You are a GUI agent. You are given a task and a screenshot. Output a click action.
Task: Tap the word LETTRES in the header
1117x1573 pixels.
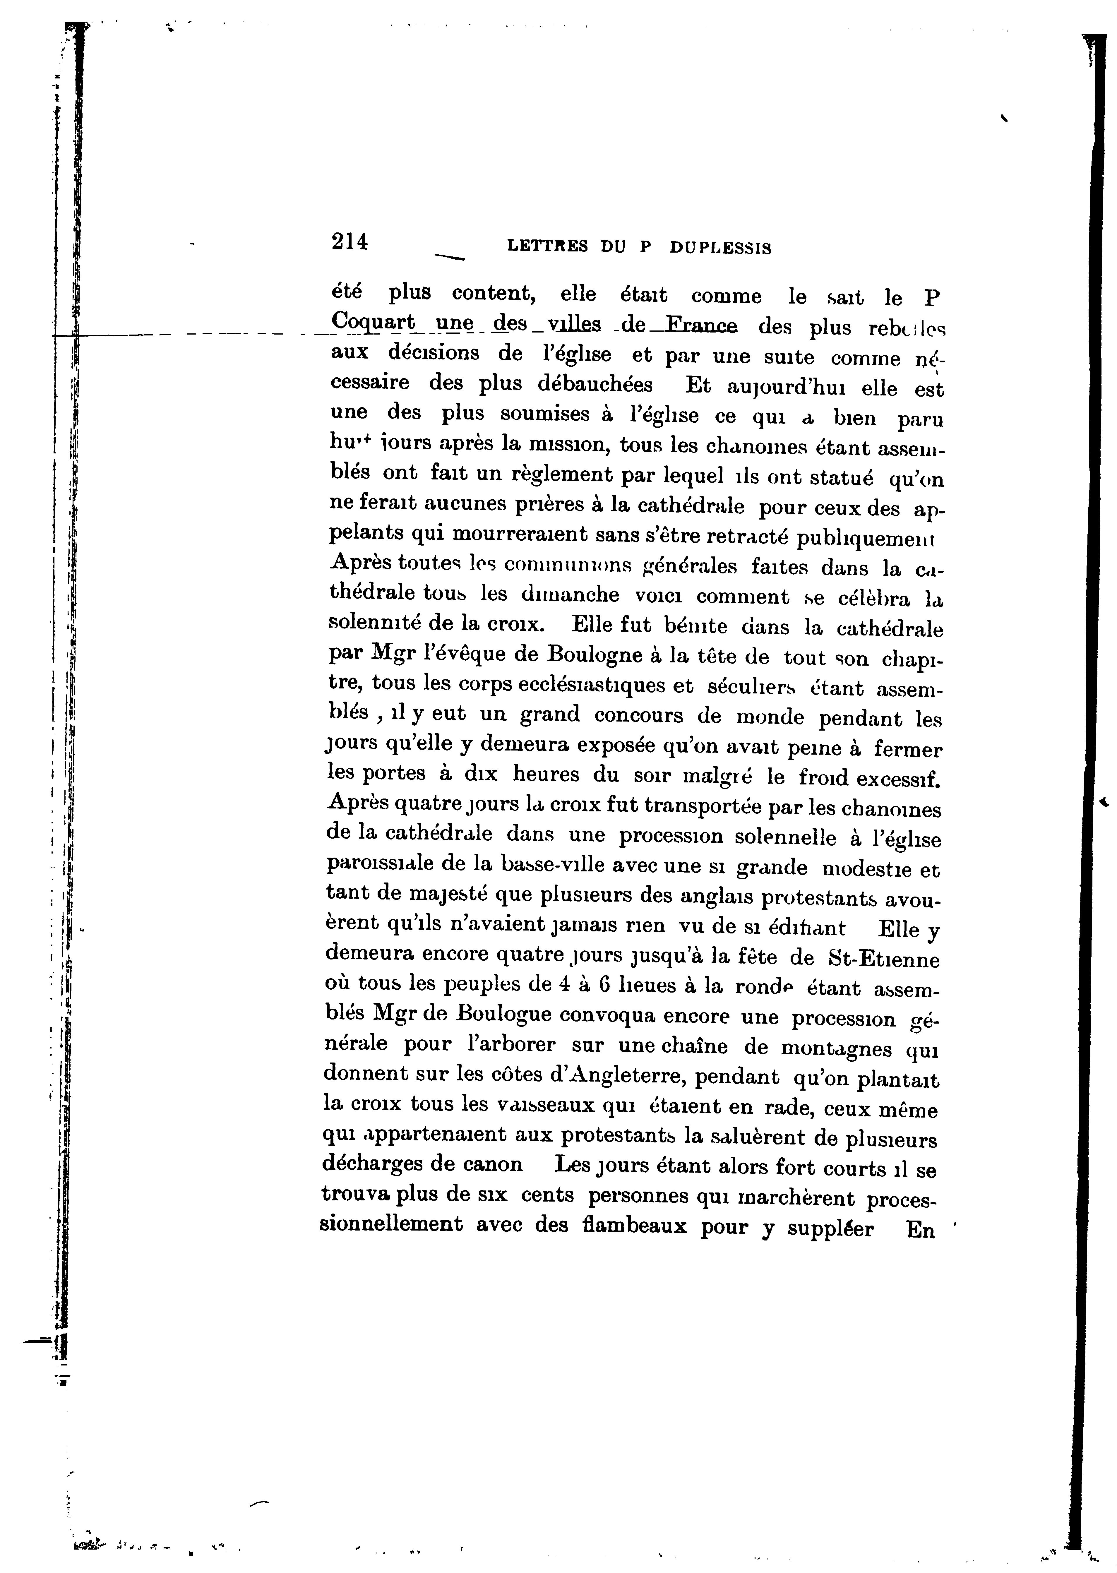coord(547,246)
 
